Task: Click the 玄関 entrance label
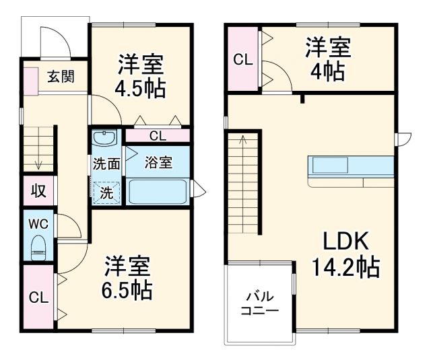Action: click(61, 77)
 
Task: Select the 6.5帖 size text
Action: click(127, 291)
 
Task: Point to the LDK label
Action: click(345, 241)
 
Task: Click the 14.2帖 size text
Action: click(345, 268)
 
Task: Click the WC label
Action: click(38, 222)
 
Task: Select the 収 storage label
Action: click(38, 190)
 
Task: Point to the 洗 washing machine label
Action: click(106, 191)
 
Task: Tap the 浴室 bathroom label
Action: click(158, 162)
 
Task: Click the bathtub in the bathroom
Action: click(158, 191)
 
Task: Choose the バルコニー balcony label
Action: click(259, 303)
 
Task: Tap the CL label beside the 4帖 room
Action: click(242, 59)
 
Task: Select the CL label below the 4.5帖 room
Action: click(157, 136)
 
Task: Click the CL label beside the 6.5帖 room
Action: click(38, 298)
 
